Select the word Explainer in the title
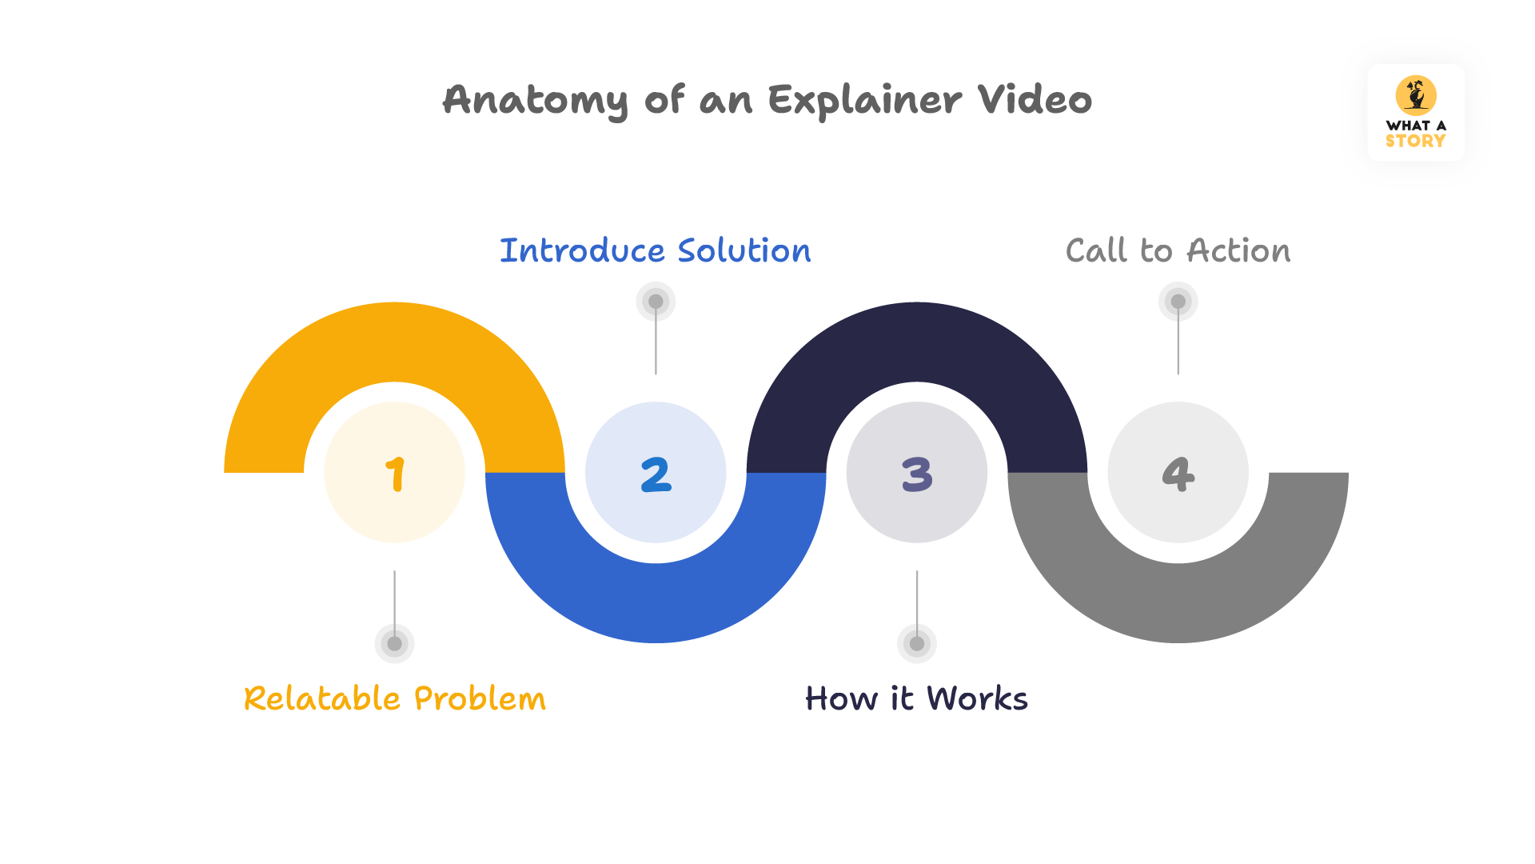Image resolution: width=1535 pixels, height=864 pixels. click(x=865, y=101)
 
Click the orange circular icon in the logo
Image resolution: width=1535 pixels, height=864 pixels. click(x=1416, y=95)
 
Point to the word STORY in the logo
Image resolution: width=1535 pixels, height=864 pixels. click(x=1415, y=141)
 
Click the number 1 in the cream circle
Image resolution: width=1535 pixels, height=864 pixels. click(x=395, y=474)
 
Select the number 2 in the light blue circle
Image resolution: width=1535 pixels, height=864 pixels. click(x=656, y=474)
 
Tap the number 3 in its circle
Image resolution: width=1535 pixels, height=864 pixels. click(x=917, y=474)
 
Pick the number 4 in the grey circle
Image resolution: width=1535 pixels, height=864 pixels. click(x=1178, y=474)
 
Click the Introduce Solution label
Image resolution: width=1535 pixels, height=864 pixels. click(x=655, y=250)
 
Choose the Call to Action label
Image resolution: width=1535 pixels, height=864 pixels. click(x=1178, y=250)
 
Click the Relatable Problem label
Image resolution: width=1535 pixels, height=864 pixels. click(x=395, y=698)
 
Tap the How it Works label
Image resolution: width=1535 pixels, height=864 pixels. click(x=916, y=698)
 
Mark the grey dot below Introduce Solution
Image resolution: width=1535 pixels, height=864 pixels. click(x=656, y=302)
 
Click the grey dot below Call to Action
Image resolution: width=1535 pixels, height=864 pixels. click(x=1178, y=302)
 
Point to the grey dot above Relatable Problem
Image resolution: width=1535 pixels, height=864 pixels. click(x=394, y=643)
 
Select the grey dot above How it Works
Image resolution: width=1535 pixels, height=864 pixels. click(x=917, y=643)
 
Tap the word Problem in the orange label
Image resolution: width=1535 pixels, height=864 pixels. click(x=480, y=698)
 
